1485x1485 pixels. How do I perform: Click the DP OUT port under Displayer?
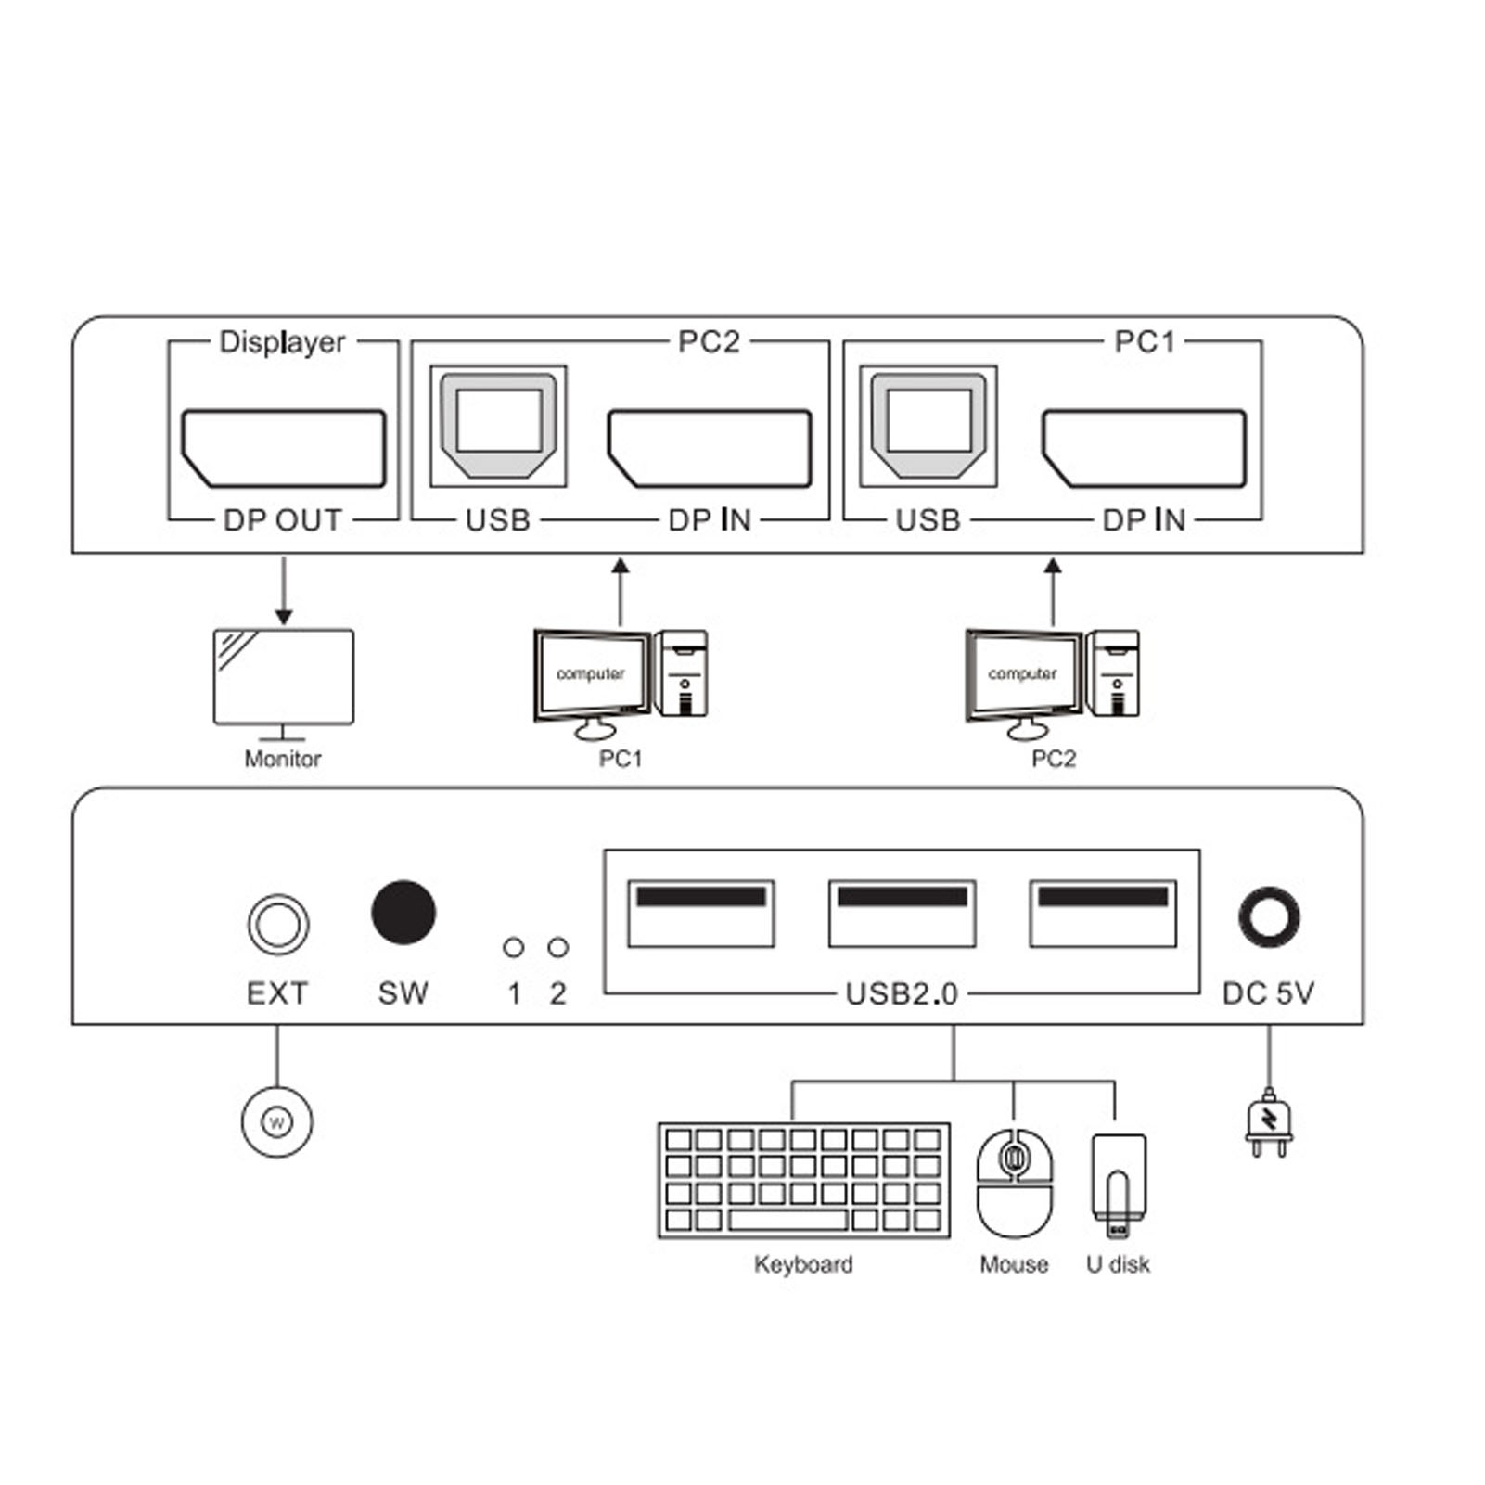[x=284, y=448]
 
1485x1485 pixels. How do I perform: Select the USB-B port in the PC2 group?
[x=499, y=426]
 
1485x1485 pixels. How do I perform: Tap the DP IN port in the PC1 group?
[x=1144, y=448]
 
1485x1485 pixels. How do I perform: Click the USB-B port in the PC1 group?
[x=928, y=426]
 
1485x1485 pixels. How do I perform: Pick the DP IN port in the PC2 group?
[x=710, y=448]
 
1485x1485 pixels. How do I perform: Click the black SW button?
[x=403, y=912]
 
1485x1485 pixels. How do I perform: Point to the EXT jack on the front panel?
[x=278, y=924]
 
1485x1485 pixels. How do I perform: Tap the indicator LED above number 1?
[x=513, y=947]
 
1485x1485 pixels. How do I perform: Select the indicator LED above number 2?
[x=557, y=947]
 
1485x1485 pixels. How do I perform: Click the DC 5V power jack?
[x=1269, y=917]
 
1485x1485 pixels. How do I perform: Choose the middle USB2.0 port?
[x=902, y=914]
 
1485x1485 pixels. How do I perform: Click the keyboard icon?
[x=804, y=1181]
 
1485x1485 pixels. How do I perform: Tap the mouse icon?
[x=1015, y=1183]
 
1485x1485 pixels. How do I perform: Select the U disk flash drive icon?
[x=1118, y=1184]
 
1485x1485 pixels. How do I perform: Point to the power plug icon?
[x=1269, y=1123]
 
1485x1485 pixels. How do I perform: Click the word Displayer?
[x=282, y=342]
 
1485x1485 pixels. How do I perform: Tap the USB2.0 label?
[x=902, y=993]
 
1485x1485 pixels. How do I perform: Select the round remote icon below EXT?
[x=276, y=1122]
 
